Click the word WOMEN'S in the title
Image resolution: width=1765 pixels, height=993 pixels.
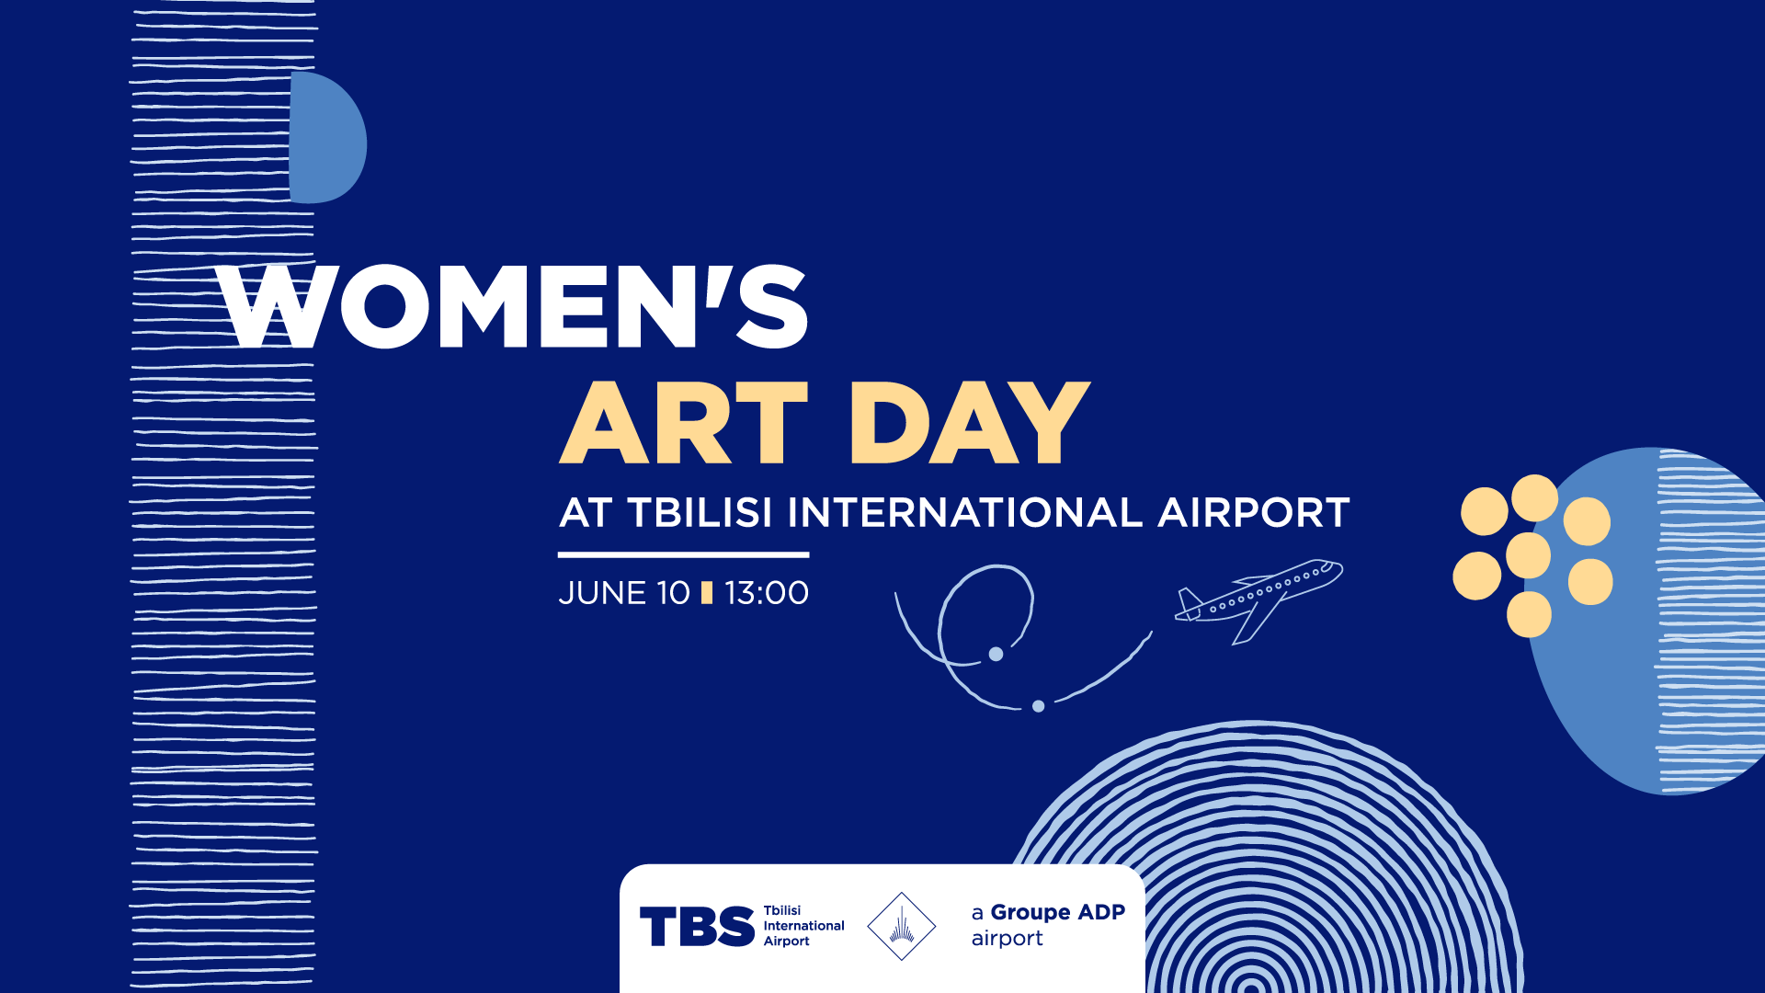[513, 306]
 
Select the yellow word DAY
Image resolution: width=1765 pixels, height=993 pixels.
[970, 422]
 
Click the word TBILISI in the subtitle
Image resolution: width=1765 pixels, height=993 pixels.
[700, 512]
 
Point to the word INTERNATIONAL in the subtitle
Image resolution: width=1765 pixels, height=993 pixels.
[965, 512]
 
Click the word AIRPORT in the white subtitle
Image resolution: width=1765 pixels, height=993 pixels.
[1254, 512]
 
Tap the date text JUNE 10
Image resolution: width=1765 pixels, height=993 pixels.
[624, 593]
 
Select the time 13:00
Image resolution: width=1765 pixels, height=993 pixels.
[767, 593]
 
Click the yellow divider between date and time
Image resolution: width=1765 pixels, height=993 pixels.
[707, 593]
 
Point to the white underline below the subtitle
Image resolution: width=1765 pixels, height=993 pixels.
[683, 554]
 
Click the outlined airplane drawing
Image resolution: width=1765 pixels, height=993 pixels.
[1258, 600]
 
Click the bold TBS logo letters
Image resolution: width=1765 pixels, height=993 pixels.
[697, 926]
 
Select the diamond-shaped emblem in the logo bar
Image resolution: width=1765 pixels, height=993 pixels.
[902, 926]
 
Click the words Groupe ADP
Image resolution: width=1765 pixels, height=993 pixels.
[1058, 912]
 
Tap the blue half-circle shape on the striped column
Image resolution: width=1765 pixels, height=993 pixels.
[326, 138]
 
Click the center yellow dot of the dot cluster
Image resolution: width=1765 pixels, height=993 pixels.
[1529, 555]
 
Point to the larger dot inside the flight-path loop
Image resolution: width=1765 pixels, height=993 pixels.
[996, 654]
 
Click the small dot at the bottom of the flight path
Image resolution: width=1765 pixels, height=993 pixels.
[1038, 706]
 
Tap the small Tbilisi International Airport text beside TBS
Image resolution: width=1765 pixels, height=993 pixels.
[803, 926]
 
